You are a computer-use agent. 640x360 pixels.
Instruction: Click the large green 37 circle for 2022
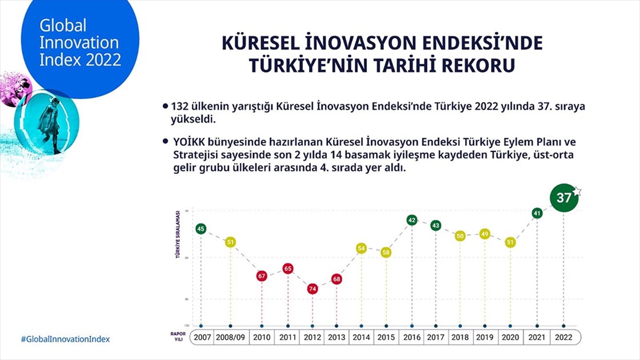(x=564, y=198)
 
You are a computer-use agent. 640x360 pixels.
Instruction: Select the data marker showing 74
(x=312, y=289)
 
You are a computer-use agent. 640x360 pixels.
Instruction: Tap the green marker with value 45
(x=201, y=229)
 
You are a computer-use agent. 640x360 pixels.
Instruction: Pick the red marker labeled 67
(x=261, y=276)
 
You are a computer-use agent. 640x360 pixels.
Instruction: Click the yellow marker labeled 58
(x=386, y=252)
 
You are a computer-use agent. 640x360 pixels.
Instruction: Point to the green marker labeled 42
(x=412, y=220)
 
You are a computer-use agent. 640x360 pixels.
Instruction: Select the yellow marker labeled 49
(x=484, y=234)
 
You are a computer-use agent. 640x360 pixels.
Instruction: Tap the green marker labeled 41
(x=537, y=213)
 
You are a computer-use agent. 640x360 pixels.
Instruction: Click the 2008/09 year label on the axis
(x=230, y=338)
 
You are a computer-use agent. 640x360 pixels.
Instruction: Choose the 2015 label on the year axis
(x=386, y=338)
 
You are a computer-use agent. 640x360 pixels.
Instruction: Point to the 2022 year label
(x=564, y=338)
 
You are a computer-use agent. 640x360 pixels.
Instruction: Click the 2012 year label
(x=312, y=338)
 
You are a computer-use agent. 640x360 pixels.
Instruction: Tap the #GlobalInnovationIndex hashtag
(x=65, y=339)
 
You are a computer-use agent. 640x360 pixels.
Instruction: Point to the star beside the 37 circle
(x=577, y=190)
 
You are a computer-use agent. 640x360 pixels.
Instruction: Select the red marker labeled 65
(x=288, y=269)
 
